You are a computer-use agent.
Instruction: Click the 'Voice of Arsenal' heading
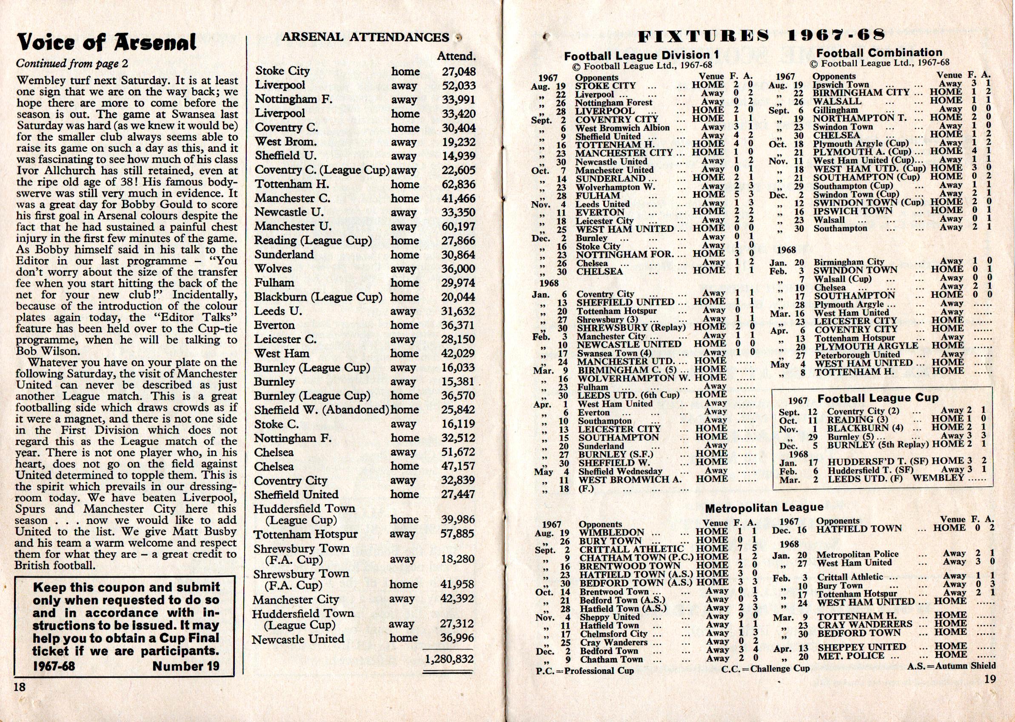coord(106,43)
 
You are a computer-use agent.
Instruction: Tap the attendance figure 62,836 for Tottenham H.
coord(458,184)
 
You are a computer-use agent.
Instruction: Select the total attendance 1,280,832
coord(449,659)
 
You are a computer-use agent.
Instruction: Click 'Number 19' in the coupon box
coord(186,666)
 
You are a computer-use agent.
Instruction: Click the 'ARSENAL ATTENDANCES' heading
coord(365,37)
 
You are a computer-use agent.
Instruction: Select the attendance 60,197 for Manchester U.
coord(458,226)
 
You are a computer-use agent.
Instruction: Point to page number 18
coord(20,687)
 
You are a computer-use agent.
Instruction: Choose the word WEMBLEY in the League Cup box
coord(938,478)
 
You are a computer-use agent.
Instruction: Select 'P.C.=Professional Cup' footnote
coord(585,671)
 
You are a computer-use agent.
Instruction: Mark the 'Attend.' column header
coord(456,57)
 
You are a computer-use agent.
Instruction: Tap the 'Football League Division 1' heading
coord(641,56)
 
